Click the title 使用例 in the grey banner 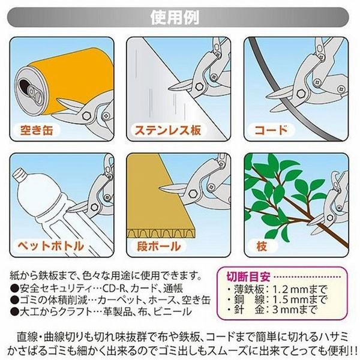(175, 17)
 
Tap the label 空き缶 (37, 130)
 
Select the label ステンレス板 (168, 130)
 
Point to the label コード (271, 130)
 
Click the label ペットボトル (51, 246)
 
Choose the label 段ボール (159, 246)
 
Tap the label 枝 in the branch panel (262, 246)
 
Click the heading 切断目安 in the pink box (248, 277)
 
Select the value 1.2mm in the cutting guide (290, 290)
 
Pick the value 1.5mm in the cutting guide (290, 299)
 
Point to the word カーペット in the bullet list (120, 300)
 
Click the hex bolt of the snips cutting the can (86, 115)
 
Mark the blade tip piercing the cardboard (160, 188)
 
